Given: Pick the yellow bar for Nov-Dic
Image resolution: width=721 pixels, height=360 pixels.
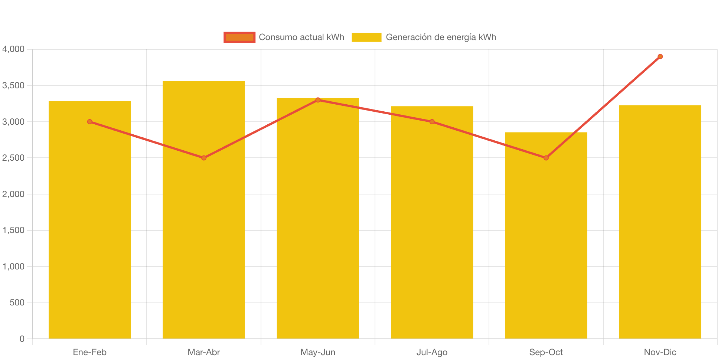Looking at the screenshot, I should click(x=660, y=223).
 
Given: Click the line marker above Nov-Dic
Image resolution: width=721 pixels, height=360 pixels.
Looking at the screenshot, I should click(x=660, y=56).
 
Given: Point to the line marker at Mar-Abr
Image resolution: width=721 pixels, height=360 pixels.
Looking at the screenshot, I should click(x=204, y=158).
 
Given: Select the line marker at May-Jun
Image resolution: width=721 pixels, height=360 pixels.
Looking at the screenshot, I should click(x=318, y=100).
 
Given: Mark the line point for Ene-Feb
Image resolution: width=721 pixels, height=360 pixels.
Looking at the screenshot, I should click(x=90, y=122).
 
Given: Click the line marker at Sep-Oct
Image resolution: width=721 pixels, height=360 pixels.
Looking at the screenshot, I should click(x=546, y=158).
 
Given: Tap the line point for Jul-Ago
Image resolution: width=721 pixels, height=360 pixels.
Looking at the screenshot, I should click(x=432, y=122).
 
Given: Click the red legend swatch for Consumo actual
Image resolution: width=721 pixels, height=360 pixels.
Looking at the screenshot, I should click(x=239, y=37).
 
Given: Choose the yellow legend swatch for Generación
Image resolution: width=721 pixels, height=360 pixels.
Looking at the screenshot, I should click(x=366, y=37).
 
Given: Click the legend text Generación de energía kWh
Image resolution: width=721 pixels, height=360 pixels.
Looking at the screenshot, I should click(x=441, y=37).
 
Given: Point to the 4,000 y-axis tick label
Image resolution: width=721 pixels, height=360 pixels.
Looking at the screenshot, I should click(x=13, y=49).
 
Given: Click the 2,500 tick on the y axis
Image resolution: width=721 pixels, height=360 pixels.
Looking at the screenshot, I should click(x=13, y=158).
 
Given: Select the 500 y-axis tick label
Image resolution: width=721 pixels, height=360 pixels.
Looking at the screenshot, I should click(x=17, y=302).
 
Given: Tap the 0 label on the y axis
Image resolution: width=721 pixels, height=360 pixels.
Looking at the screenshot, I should click(x=22, y=338).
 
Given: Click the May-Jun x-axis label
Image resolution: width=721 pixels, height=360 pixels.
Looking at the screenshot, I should click(x=318, y=352).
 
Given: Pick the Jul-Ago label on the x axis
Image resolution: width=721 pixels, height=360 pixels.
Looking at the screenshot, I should click(x=432, y=352).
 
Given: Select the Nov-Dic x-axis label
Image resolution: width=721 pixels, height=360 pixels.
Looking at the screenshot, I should click(x=660, y=352).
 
